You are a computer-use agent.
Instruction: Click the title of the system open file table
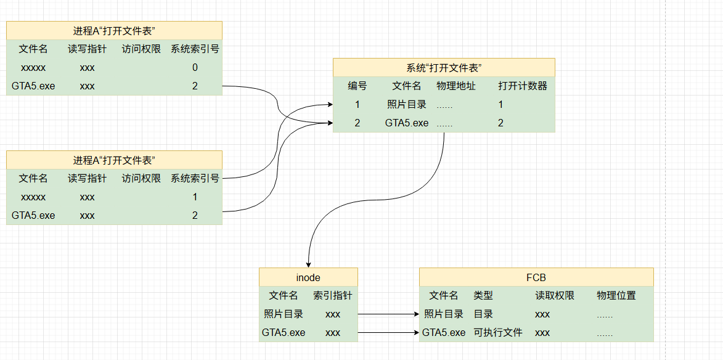pos(444,68)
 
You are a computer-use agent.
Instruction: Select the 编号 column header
pos(357,86)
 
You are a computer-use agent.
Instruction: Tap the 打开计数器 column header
pos(523,86)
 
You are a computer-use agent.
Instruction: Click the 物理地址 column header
pos(456,86)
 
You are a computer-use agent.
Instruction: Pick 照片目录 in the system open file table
pos(407,105)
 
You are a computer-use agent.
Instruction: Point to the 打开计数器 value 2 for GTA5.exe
pos(500,123)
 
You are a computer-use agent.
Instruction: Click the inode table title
pos(308,277)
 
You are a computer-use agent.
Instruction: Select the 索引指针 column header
pos(333,296)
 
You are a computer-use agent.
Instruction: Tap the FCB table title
pos(536,277)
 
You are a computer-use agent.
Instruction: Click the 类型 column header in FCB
pos(483,296)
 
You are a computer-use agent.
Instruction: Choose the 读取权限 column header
pos(555,296)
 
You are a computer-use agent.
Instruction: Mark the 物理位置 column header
pos(616,296)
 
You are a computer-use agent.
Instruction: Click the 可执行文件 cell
pos(498,333)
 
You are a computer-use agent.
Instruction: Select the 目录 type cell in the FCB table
pos(483,314)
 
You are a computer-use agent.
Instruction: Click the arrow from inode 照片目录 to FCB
pos(388,314)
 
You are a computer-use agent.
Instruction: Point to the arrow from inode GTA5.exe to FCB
pos(388,333)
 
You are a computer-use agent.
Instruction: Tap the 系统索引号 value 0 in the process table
pos(195,68)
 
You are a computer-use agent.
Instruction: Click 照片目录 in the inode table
pos(284,314)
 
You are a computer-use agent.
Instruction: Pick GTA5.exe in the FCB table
pos(444,333)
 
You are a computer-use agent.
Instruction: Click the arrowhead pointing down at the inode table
pos(308,263)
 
